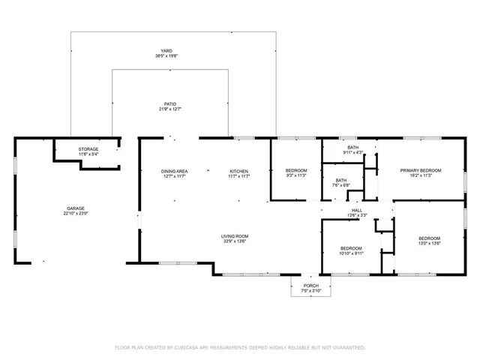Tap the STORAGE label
point(88,149)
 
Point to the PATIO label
point(171,104)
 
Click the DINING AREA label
point(174,172)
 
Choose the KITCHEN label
point(238,172)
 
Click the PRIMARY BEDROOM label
point(420,171)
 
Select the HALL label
point(357,210)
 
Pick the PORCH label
point(310,286)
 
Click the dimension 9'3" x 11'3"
point(295,177)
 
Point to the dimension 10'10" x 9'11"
point(351,253)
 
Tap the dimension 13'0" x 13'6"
point(429,243)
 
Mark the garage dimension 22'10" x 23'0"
point(76,213)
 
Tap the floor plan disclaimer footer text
point(240,347)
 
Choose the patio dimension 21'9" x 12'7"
point(171,109)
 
